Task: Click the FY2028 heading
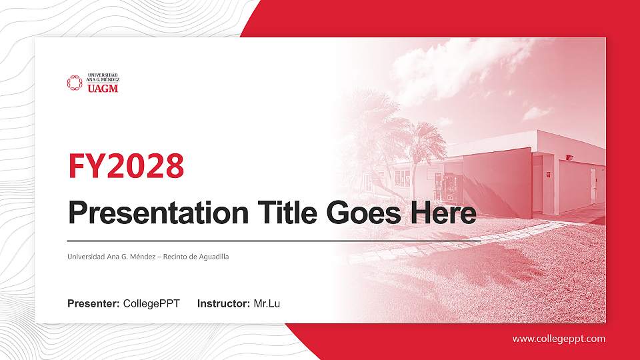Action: click(x=126, y=166)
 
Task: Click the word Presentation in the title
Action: click(x=157, y=214)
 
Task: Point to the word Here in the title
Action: click(x=445, y=214)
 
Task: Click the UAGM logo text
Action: click(x=103, y=87)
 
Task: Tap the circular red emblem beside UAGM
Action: click(x=74, y=83)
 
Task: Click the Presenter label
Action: click(x=93, y=304)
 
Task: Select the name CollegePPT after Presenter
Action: click(x=151, y=304)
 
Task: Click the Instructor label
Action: click(x=224, y=304)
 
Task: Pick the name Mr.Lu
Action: click(x=267, y=304)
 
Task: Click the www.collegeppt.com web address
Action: click(x=559, y=339)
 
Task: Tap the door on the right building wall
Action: click(x=592, y=185)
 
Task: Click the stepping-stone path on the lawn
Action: click(x=467, y=243)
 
